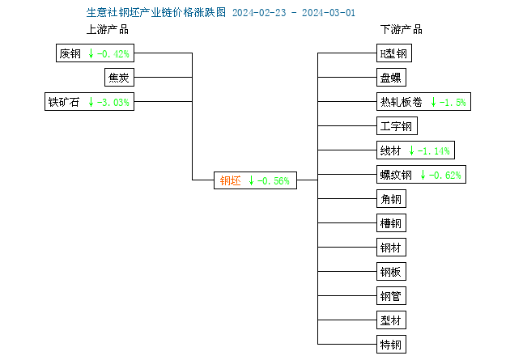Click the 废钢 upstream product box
[95, 53]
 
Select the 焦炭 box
[119, 78]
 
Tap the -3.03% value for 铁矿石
[113, 103]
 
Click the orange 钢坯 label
[230, 180]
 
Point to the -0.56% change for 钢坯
[274, 180]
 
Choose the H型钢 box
[394, 53]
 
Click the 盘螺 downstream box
[391, 78]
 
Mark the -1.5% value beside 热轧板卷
[453, 103]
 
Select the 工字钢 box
[397, 125]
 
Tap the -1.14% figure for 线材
[434, 150]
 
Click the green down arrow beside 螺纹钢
[423, 175]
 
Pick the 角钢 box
[391, 198]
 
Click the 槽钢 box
[391, 223]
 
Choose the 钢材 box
[391, 248]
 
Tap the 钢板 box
[391, 271]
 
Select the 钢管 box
[391, 295]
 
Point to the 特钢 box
[391, 344]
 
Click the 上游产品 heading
[108, 29]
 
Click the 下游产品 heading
[402, 29]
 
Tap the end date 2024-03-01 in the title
[329, 13]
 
